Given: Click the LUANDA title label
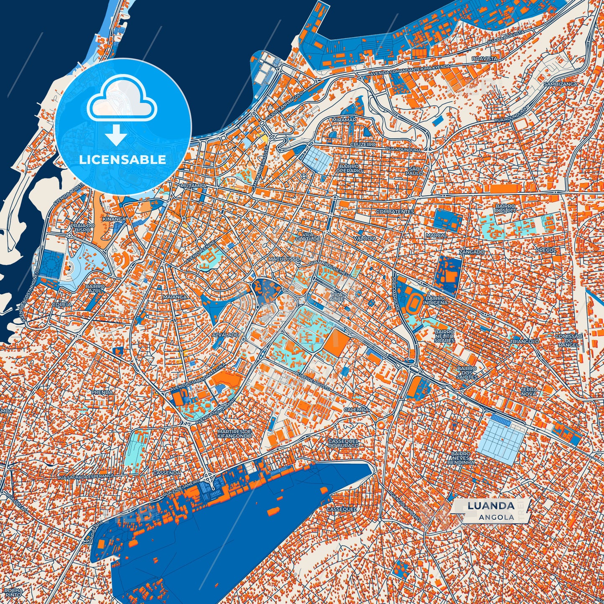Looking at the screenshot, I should tap(491, 506).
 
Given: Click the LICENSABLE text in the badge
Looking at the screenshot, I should tap(123, 159).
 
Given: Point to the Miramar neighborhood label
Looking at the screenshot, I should tap(344, 120).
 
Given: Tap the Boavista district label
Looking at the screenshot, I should tap(484, 59).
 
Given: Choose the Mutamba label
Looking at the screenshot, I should tap(192, 185).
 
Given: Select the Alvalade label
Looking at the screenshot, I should tap(225, 335).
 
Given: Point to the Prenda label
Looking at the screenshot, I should tap(102, 392).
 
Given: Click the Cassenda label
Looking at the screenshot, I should tap(167, 473).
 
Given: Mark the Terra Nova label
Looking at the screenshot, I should tap(528, 391).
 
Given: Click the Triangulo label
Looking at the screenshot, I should tap(524, 342).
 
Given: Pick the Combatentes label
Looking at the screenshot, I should tap(395, 212).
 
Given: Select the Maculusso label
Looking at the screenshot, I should tap(284, 259).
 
